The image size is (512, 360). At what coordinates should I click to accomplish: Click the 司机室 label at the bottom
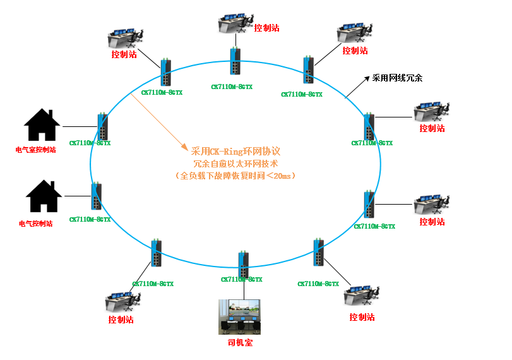[240, 342]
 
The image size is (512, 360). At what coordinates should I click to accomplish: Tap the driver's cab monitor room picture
[240, 316]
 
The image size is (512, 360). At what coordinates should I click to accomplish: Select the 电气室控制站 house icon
[42, 124]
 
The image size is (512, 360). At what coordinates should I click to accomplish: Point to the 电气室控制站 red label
[36, 150]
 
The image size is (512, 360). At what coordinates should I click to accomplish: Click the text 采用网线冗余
[397, 78]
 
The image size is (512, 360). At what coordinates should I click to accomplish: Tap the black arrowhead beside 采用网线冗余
[366, 79]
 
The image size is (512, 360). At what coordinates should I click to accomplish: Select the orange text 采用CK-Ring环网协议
[235, 152]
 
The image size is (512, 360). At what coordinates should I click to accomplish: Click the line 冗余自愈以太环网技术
[235, 164]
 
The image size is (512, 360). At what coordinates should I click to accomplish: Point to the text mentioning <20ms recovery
[235, 176]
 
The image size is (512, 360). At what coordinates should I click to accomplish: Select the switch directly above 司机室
[243, 265]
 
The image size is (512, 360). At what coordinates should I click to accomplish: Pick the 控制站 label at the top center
[266, 28]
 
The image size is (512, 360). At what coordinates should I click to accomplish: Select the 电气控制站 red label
[36, 224]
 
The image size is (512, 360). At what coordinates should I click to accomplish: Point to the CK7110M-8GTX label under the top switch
[232, 87]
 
